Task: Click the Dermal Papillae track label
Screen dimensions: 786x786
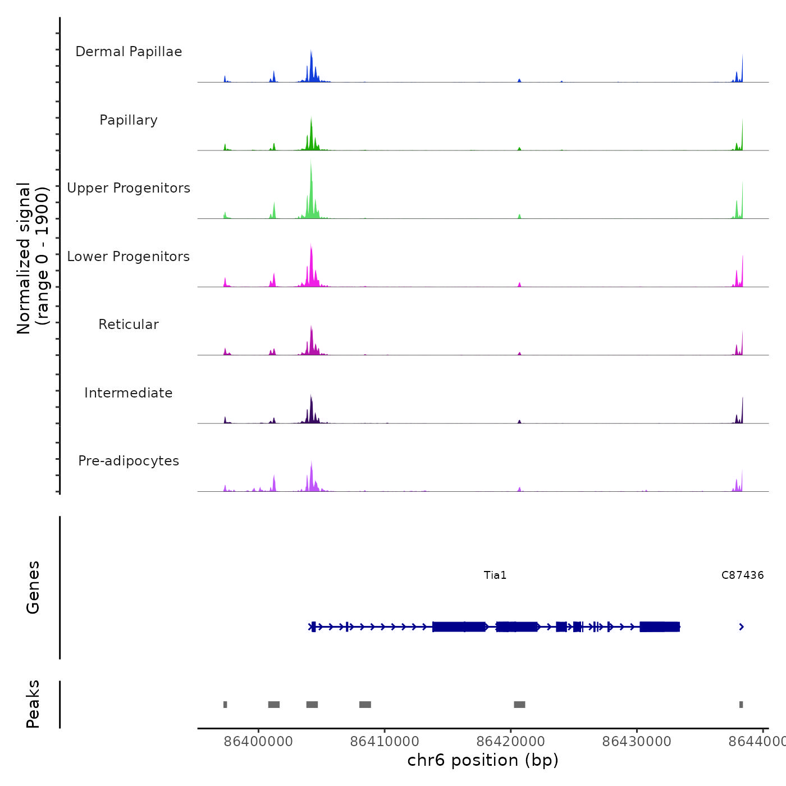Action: tap(129, 52)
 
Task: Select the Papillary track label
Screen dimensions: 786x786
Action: tap(129, 120)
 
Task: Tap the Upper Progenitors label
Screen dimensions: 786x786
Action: tap(129, 188)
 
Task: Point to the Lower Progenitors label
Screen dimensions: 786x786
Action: tap(129, 257)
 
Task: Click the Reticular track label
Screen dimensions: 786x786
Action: tap(129, 325)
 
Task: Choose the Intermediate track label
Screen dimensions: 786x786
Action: tap(129, 393)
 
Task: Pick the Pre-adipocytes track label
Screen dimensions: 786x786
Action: tap(129, 461)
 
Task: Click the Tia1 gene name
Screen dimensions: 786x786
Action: tap(495, 575)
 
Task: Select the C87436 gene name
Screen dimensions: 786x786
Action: tap(742, 575)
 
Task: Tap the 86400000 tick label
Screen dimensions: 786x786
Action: tap(258, 742)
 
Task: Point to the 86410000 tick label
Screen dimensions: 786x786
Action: tap(385, 742)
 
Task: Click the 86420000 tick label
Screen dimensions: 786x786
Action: tap(511, 742)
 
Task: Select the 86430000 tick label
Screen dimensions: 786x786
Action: tap(637, 742)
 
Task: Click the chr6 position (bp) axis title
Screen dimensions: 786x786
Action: tap(483, 760)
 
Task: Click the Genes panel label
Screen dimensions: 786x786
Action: tap(33, 587)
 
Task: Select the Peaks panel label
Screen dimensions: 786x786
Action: tap(33, 704)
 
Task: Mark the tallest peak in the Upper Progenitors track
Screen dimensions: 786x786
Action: tap(310, 163)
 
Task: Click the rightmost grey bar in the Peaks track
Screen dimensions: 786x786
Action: tap(741, 705)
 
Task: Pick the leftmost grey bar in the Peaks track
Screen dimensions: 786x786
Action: tap(225, 705)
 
